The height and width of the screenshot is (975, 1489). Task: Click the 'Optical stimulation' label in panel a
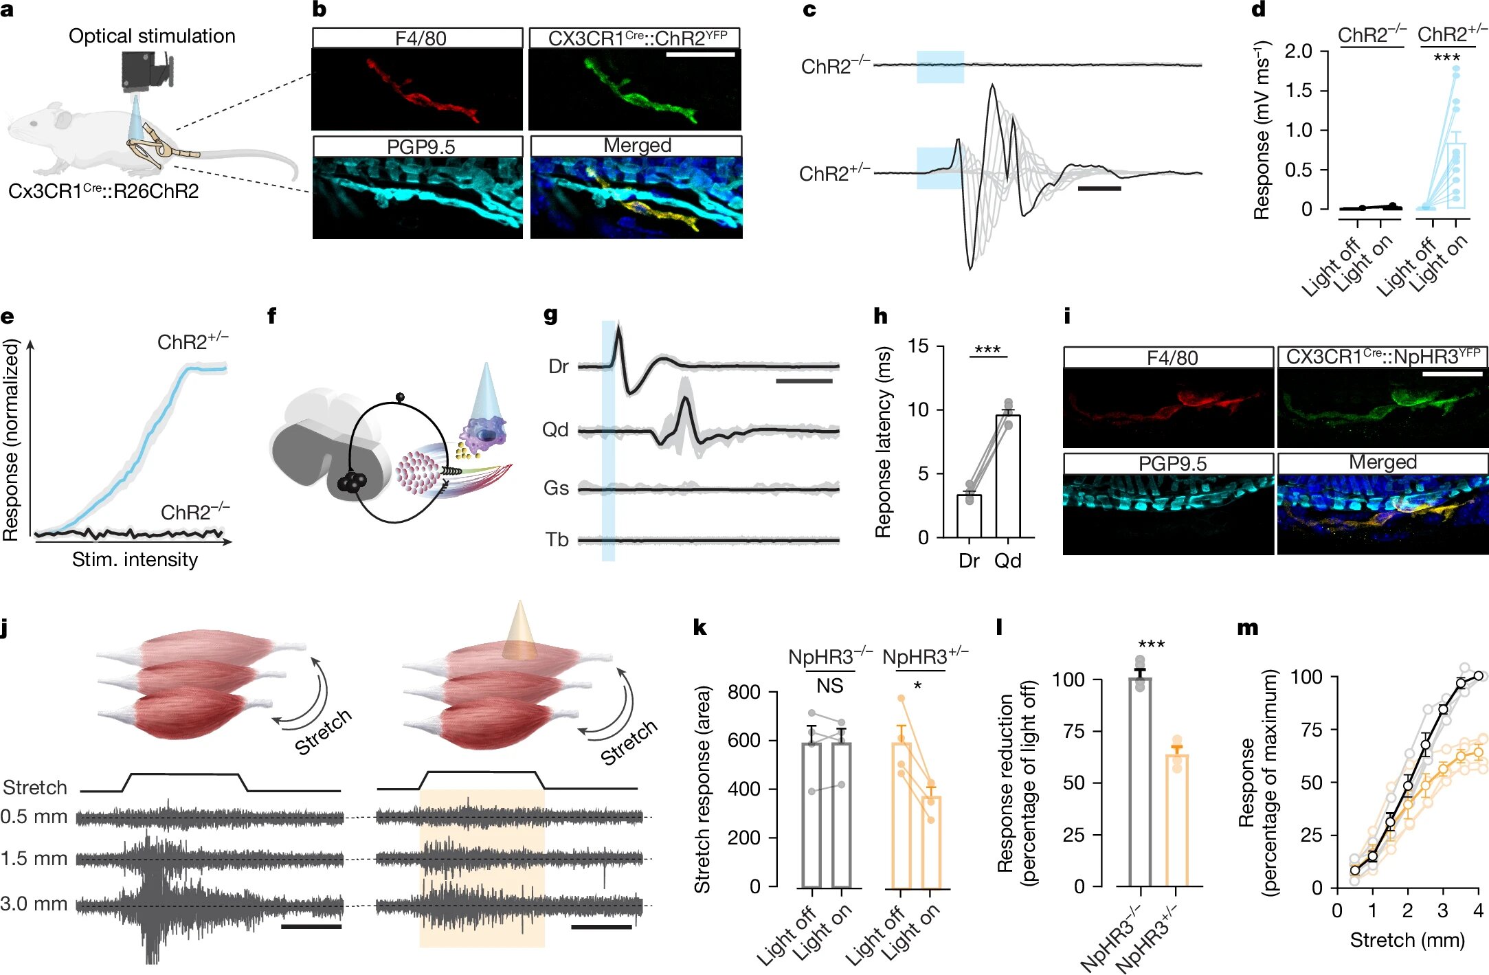152,36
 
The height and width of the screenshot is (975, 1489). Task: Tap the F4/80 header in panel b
421,38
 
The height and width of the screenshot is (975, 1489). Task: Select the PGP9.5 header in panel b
421,146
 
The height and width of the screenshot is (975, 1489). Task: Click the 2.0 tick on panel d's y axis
1298,51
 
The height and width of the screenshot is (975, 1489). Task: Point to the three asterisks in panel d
1446,57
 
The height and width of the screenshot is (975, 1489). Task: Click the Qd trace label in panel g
555,430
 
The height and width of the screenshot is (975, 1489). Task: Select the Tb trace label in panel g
557,540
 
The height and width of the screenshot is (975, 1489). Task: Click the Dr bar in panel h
969,515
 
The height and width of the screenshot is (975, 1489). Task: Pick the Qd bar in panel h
1008,476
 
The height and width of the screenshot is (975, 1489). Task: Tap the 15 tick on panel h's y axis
919,346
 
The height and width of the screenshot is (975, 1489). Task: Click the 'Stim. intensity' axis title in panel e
135,559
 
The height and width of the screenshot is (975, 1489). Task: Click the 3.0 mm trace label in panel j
34,904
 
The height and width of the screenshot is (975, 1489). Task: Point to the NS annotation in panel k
829,686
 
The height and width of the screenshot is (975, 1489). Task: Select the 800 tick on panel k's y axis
744,692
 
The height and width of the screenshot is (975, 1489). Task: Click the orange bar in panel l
1177,820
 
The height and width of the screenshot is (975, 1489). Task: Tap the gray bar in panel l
1141,782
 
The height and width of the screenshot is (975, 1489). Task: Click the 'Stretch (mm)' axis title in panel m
1407,940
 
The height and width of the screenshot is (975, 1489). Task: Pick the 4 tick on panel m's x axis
1479,911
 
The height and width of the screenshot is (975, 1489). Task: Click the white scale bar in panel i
1452,374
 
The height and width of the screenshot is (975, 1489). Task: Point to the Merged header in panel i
1382,462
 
